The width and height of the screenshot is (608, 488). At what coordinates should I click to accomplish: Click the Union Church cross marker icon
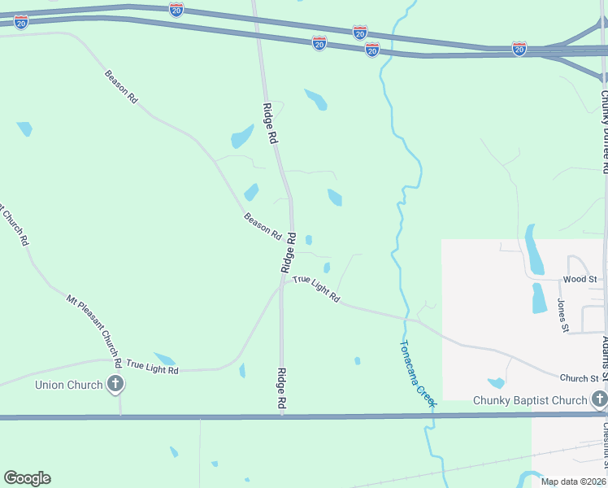[115, 384]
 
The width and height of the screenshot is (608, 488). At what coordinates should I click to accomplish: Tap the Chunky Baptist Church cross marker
[599, 399]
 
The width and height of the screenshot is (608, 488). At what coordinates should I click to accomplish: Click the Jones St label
[562, 316]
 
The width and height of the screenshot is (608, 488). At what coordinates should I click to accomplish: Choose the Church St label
[579, 378]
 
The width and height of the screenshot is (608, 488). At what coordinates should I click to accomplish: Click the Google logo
[27, 478]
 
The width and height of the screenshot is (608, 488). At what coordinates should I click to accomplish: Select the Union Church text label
[68, 385]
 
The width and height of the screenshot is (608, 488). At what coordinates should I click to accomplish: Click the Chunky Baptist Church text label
[530, 400]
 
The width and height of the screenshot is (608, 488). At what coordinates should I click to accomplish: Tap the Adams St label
[604, 350]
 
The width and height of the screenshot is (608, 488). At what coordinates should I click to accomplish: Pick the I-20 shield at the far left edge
[21, 22]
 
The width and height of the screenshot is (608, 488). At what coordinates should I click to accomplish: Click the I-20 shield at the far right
[519, 50]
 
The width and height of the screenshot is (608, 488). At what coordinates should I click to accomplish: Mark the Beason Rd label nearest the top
[121, 86]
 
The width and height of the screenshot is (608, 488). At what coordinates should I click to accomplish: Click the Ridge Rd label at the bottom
[281, 389]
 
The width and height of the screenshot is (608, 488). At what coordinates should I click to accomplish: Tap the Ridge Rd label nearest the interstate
[270, 124]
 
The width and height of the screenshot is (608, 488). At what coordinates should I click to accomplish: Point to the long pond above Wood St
[534, 250]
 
